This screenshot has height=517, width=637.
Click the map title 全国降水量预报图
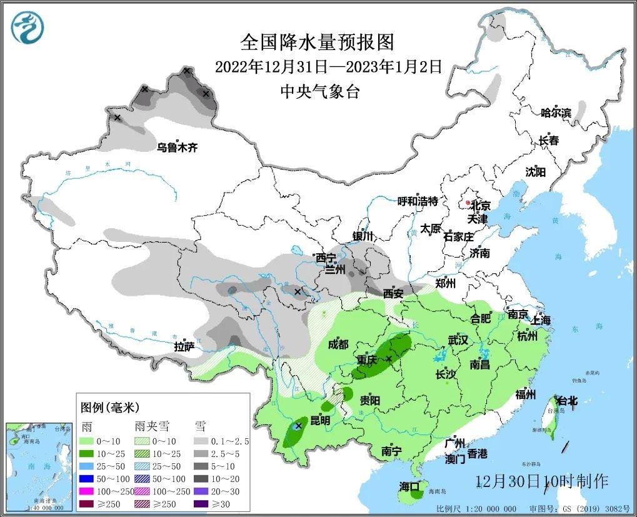click(x=318, y=43)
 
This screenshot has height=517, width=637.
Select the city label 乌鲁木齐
click(x=177, y=148)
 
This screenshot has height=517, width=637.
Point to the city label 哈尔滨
click(x=556, y=113)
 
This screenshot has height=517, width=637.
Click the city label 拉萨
click(x=185, y=346)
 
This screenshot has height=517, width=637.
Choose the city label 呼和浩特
click(x=418, y=201)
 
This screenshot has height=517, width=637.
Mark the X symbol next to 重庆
click(x=389, y=358)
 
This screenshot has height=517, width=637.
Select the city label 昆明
click(x=320, y=420)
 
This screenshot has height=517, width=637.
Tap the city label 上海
click(x=541, y=320)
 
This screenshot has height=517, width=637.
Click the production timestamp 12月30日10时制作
click(x=541, y=481)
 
